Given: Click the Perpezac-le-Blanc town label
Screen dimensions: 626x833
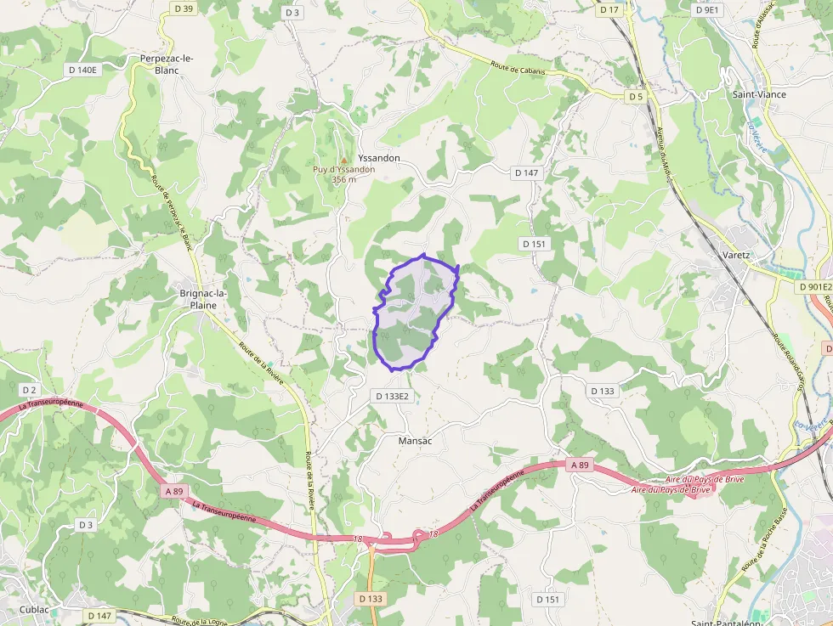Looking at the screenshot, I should click(167, 64).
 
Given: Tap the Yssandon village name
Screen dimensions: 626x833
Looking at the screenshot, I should click(379, 158).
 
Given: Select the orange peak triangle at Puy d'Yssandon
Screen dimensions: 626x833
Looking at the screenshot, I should click(343, 160).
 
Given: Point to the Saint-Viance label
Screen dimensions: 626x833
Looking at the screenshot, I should click(759, 94).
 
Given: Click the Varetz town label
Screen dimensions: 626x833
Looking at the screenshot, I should click(736, 254).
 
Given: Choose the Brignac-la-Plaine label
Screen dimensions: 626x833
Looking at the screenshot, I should click(203, 299).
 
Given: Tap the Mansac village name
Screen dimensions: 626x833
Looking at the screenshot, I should click(416, 441).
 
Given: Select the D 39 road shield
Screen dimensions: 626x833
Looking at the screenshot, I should click(183, 8).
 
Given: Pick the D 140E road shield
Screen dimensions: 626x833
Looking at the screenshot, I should click(82, 70).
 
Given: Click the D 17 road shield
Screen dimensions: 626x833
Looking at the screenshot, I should click(609, 10).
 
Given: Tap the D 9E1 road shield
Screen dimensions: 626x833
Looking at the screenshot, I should click(706, 10).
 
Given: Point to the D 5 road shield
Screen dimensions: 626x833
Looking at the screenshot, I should click(636, 97).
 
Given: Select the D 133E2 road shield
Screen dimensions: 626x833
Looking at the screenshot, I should click(392, 396).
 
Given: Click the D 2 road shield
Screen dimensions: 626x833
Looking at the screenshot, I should click(29, 390).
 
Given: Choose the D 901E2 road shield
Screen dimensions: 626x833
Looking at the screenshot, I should click(815, 287).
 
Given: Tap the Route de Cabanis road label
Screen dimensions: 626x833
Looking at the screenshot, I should click(518, 67).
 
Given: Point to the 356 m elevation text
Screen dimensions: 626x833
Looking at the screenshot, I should click(343, 179).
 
